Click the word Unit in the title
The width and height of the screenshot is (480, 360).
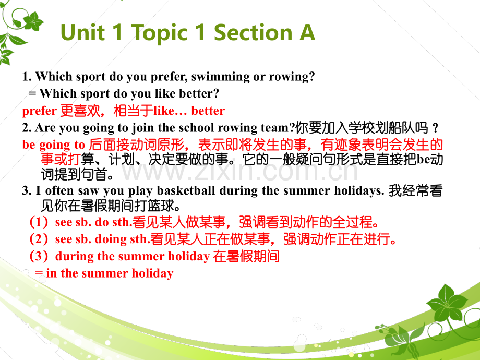(82, 32)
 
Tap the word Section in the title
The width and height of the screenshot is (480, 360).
(253, 32)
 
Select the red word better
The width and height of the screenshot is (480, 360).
(208, 111)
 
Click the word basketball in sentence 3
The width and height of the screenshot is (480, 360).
(186, 190)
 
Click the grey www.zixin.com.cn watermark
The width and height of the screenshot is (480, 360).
(240, 172)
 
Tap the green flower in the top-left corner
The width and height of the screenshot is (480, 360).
(33, 21)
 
